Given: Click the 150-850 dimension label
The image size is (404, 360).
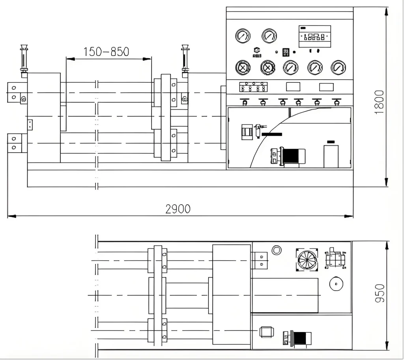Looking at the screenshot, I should tap(106, 52).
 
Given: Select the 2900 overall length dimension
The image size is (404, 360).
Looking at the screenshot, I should tap(178, 209).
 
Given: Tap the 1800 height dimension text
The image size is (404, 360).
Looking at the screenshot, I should tap(379, 102).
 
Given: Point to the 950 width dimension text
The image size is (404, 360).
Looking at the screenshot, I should tap(380, 293).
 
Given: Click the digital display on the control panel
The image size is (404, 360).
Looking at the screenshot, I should tap(314, 36).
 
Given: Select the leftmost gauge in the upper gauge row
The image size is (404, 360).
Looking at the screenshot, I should tap(243, 36).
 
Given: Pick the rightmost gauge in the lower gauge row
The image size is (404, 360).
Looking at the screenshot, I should tap(338, 67).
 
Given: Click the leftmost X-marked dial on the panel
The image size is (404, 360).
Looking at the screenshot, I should tap(243, 67).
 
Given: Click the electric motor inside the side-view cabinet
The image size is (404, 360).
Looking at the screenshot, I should tap(288, 156).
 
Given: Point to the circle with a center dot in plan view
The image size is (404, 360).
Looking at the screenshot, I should tap(336, 283).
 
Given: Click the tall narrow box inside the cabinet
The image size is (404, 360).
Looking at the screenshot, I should tap(331, 156).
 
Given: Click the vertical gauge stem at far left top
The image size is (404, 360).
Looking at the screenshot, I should tap(24, 58).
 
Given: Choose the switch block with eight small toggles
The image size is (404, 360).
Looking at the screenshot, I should tap(253, 87).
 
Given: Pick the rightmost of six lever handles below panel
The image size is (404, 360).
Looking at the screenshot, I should tap(336, 102).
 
